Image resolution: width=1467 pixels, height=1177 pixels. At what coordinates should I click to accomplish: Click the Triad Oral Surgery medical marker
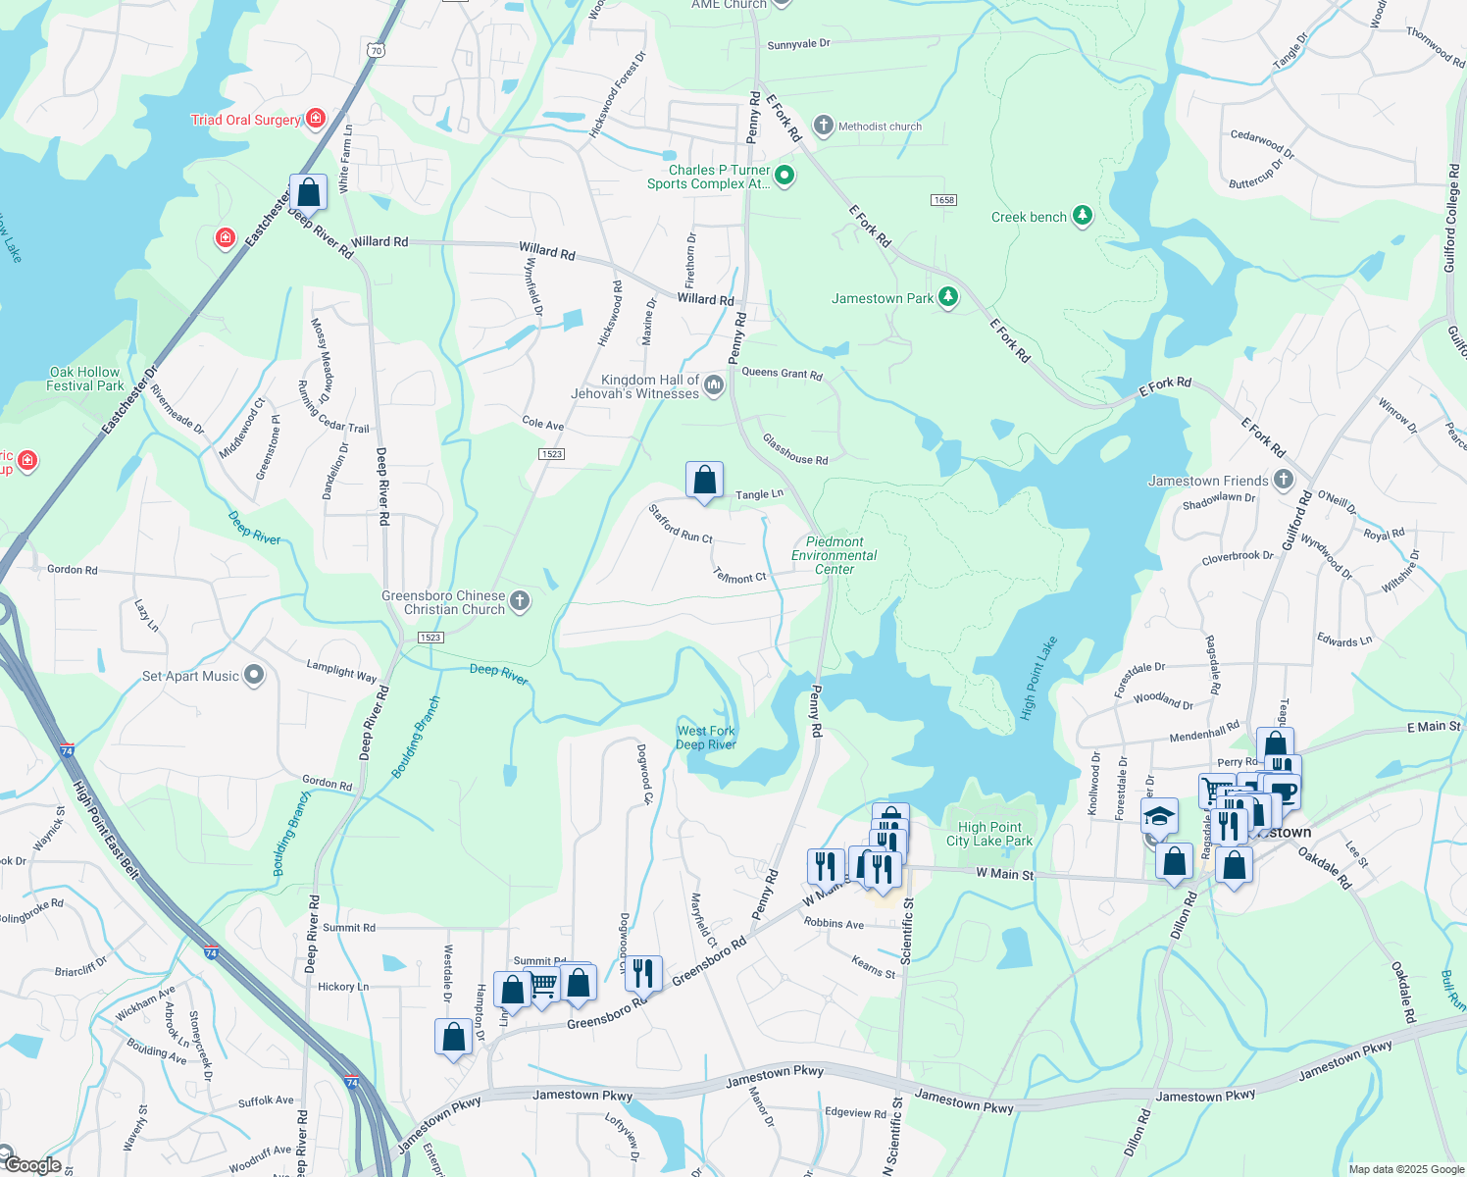point(316,120)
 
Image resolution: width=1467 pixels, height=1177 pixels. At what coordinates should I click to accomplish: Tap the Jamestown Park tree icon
point(947,298)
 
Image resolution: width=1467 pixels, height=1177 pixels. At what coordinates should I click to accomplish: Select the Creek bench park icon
point(1083,217)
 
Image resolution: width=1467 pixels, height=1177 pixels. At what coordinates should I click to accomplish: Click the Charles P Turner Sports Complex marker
point(784,177)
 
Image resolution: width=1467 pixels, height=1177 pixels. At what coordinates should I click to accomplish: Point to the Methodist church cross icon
point(824,126)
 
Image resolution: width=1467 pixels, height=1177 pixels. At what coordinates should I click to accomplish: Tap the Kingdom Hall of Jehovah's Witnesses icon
point(714,385)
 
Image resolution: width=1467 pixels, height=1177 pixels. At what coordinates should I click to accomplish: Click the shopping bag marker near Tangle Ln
point(704,481)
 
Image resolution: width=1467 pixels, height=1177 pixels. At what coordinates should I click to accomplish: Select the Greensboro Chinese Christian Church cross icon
point(521,601)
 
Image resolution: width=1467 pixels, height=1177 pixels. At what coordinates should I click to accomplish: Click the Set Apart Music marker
point(255,675)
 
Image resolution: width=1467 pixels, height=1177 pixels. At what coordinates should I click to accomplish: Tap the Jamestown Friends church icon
point(1284,480)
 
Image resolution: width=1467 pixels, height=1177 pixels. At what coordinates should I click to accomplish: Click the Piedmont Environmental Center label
point(835,555)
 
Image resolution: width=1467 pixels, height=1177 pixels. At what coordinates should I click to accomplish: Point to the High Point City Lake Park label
point(989,834)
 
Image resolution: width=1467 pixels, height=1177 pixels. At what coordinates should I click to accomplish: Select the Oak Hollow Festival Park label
point(85,379)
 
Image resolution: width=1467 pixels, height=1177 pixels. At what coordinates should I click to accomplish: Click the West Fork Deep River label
point(706,738)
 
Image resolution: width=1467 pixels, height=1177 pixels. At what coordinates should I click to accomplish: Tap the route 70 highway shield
point(378,50)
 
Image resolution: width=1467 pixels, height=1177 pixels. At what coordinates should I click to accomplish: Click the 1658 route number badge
point(943,200)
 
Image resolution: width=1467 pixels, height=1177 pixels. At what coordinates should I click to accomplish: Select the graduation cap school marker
point(1158,816)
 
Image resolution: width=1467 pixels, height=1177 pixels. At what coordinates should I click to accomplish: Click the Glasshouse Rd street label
point(795,452)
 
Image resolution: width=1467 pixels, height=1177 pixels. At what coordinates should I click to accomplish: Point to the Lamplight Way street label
point(341,671)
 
